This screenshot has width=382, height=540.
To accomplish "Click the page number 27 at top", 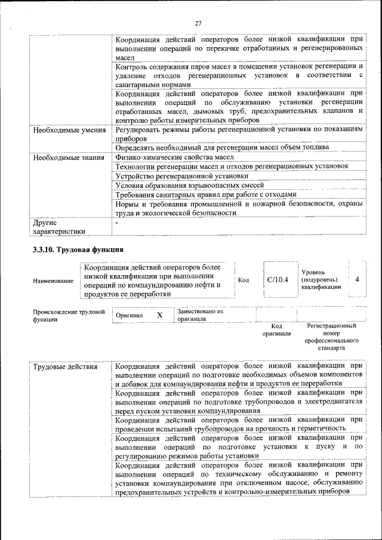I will click(198, 23).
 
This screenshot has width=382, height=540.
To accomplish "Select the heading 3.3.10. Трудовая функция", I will click(78, 249).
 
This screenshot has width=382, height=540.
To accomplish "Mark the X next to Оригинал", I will click(159, 314).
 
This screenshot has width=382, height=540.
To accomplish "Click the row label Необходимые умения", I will click(69, 129).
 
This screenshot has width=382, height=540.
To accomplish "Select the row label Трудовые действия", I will click(65, 366).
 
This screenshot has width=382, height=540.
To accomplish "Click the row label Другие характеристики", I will click(59, 227).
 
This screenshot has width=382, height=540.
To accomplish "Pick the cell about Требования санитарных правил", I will click(205, 195).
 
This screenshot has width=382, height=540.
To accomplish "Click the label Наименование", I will click(54, 280).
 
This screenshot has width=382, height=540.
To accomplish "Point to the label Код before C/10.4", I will click(244, 279).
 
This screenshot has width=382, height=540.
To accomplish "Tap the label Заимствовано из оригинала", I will click(200, 315).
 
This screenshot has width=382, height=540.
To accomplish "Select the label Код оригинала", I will click(276, 330).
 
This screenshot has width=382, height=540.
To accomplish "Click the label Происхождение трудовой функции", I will click(69, 316).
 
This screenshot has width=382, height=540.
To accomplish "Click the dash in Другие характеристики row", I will click(118, 222).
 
